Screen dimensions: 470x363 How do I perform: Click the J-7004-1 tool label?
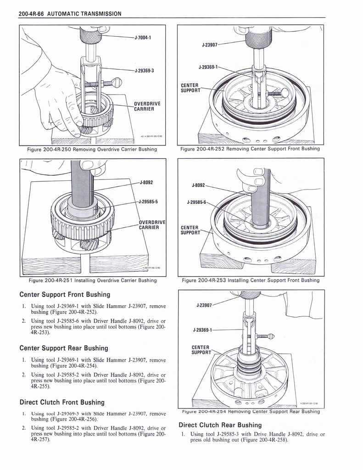pyautogui.click(x=143, y=38)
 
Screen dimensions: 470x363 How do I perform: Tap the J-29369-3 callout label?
pyautogui.click(x=144, y=70)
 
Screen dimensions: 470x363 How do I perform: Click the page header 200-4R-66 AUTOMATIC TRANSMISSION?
pyautogui.click(x=70, y=13)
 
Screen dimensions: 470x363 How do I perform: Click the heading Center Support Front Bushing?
pyautogui.click(x=65, y=294)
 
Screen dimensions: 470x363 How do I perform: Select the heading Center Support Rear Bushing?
pyautogui.click(x=64, y=348)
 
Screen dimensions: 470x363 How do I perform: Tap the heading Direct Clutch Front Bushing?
pyautogui.click(x=62, y=402)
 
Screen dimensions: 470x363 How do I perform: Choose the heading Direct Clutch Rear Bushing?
pyautogui.click(x=220, y=425)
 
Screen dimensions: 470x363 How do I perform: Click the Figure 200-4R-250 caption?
pyautogui.click(x=92, y=149)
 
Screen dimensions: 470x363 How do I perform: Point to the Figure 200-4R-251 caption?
pyautogui.click(x=93, y=280)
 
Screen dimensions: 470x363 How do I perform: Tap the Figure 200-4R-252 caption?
pyautogui.click(x=250, y=149)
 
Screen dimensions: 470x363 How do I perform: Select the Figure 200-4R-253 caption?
pyautogui.click(x=251, y=280)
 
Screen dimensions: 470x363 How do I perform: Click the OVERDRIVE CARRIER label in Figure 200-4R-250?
pyautogui.click(x=146, y=106)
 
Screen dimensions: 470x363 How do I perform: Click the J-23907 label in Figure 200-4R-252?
pyautogui.click(x=209, y=45)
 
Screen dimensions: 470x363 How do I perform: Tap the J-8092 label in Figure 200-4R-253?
pyautogui.click(x=199, y=185)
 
